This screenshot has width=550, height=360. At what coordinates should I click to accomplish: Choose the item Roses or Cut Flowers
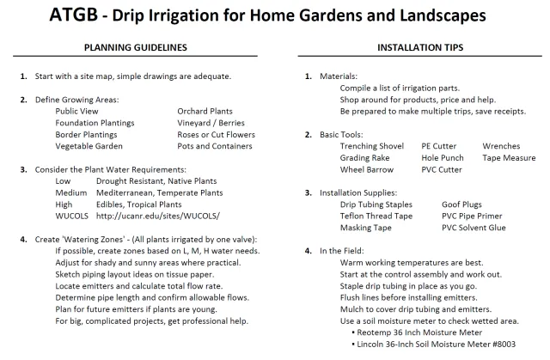216,135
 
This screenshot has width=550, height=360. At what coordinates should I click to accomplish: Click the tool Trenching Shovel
372,146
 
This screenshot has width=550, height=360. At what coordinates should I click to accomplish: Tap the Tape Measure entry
510,158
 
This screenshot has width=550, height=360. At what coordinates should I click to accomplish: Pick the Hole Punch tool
443,158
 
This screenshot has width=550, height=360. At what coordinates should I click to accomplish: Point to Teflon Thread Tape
376,216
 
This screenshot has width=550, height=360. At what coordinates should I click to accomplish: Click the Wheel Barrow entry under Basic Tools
367,169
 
